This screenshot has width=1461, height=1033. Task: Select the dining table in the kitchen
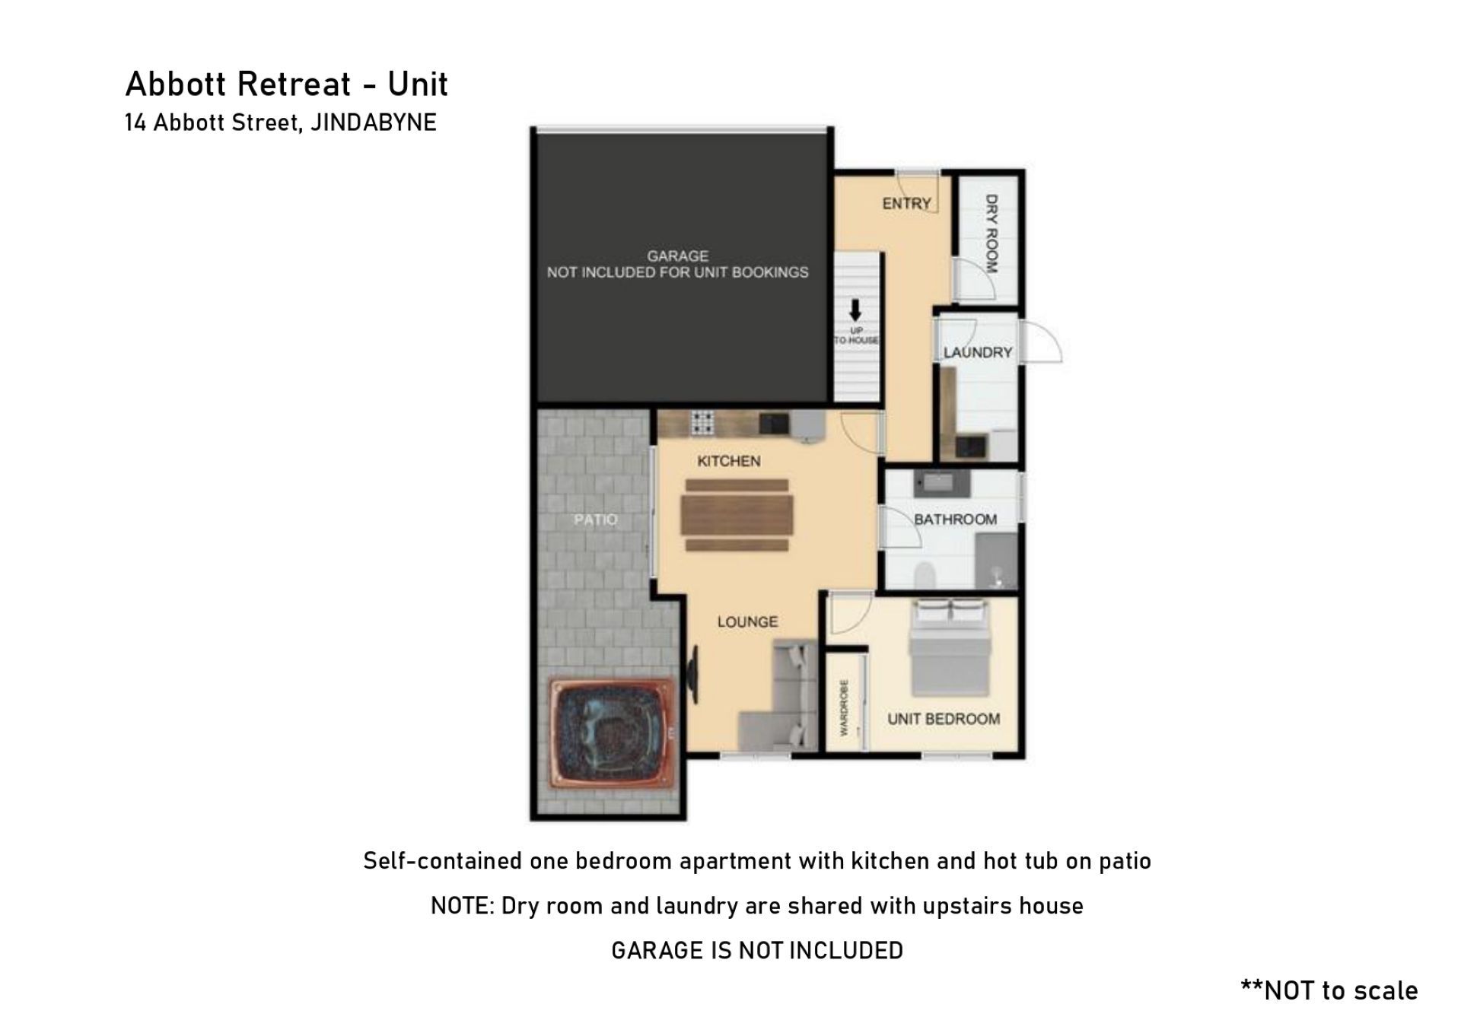[x=737, y=515]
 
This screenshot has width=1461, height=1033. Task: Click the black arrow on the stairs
[x=855, y=310]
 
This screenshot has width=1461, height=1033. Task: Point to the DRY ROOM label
[x=991, y=233]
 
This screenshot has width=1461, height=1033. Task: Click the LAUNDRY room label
[x=978, y=352]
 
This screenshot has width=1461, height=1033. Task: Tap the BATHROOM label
[x=955, y=520]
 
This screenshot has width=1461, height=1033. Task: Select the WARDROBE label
[x=844, y=707]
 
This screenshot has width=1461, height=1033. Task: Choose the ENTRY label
[x=906, y=203]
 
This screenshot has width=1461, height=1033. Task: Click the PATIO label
[x=596, y=520]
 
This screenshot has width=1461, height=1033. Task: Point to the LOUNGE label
[x=747, y=621]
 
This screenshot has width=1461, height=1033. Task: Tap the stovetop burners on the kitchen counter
[x=702, y=422]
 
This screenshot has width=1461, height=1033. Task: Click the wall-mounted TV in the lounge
[x=693, y=675]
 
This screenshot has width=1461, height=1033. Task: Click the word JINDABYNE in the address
[x=374, y=122]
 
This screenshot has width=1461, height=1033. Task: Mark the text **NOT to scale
[x=1329, y=990]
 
